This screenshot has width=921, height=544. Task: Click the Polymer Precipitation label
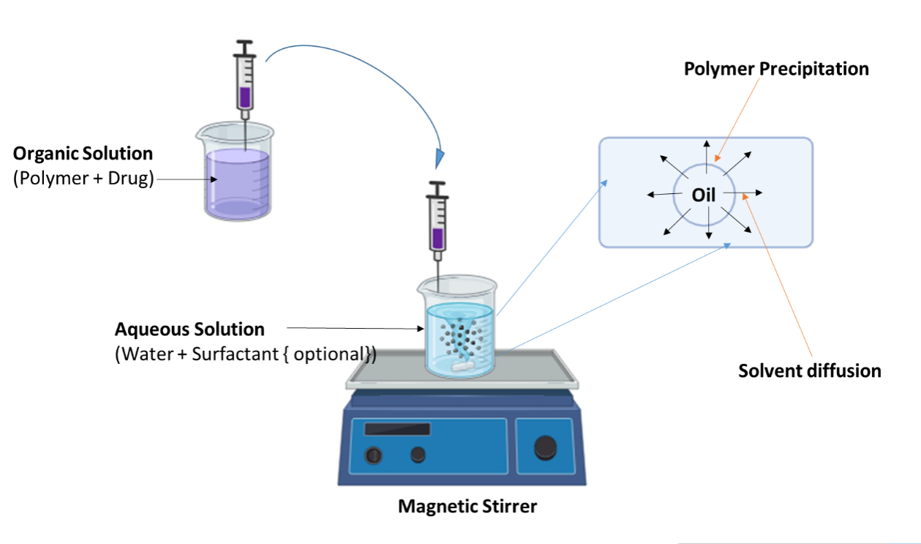tap(776, 69)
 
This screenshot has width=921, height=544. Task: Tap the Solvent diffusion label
tap(809, 370)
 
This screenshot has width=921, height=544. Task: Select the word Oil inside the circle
tap(704, 195)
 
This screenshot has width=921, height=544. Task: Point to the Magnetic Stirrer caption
tap(467, 506)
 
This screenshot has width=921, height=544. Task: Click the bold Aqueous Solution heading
tap(189, 329)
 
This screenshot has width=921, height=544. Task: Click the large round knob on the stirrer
tap(545, 446)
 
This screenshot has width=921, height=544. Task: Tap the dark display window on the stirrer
tap(397, 429)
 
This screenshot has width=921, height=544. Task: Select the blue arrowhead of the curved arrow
tap(440, 157)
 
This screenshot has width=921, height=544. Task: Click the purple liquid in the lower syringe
tap(437, 239)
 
